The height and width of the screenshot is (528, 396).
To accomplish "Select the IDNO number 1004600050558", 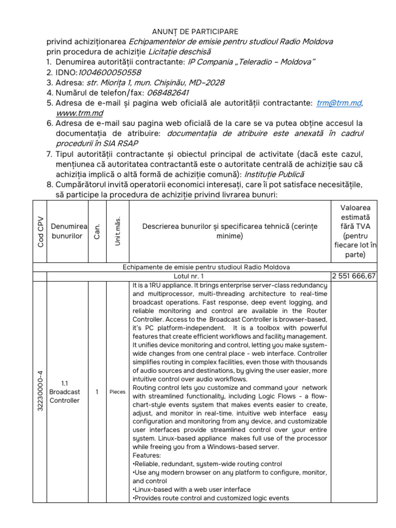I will pyautogui.click(x=109, y=73).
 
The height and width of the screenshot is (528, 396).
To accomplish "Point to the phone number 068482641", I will pyautogui.click(x=168, y=93).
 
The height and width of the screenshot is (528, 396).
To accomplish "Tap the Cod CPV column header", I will pyautogui.click(x=40, y=232).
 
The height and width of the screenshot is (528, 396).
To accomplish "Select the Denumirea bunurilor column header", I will pyautogui.click(x=67, y=232).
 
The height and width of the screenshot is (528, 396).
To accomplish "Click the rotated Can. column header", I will pyautogui.click(x=96, y=232).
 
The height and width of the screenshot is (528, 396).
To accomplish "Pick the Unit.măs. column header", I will pyautogui.click(x=118, y=232).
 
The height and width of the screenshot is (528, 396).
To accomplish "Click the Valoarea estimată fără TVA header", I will pyautogui.click(x=354, y=231).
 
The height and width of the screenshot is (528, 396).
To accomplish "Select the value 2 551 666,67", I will pyautogui.click(x=354, y=276).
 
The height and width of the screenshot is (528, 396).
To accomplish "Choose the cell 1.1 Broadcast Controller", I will pyautogui.click(x=65, y=391).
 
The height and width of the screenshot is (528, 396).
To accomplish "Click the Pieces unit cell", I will pyautogui.click(x=118, y=392).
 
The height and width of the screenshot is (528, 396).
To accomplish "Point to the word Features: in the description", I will pyautogui.click(x=147, y=456).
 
